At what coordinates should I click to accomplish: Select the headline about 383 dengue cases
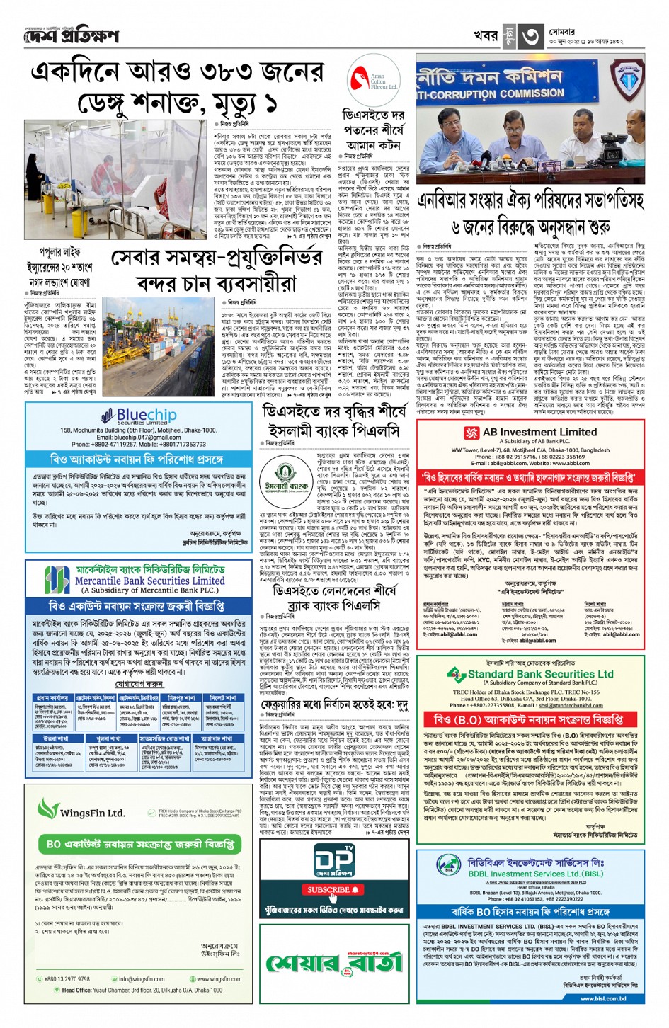click(177, 88)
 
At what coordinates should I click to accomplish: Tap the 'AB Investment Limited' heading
click(539, 432)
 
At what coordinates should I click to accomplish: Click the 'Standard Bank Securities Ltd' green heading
click(540, 674)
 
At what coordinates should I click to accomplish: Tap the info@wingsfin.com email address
click(141, 979)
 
